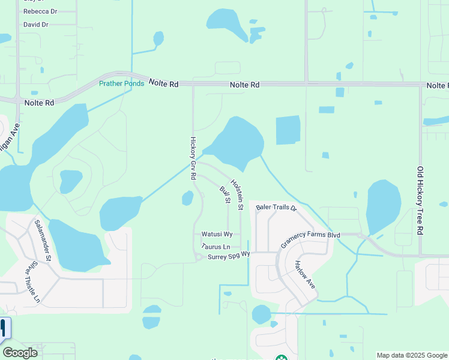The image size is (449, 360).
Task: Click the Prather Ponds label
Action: click(121, 83)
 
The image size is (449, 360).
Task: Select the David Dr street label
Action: click(35, 25)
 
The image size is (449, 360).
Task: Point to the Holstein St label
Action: click(237, 194)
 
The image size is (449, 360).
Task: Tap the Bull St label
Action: click(225, 195)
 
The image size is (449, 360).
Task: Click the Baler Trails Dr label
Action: click(276, 208)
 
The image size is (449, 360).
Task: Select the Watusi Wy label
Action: click(212, 234)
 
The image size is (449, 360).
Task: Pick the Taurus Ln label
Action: click(216, 247)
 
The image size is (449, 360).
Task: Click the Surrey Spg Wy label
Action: click(228, 257)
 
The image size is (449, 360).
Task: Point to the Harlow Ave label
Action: click(304, 274)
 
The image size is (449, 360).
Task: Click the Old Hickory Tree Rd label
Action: click(421, 200)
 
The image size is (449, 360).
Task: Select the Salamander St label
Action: click(43, 239)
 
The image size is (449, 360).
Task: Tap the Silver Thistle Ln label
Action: click(32, 281)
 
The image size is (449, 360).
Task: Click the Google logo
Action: click(20, 353)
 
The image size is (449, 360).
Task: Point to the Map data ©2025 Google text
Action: click(411, 355)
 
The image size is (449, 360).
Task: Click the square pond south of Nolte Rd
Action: click(288, 130)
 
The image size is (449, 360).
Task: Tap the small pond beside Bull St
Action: click(187, 198)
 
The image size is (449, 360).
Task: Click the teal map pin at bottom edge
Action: click(280, 358)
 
